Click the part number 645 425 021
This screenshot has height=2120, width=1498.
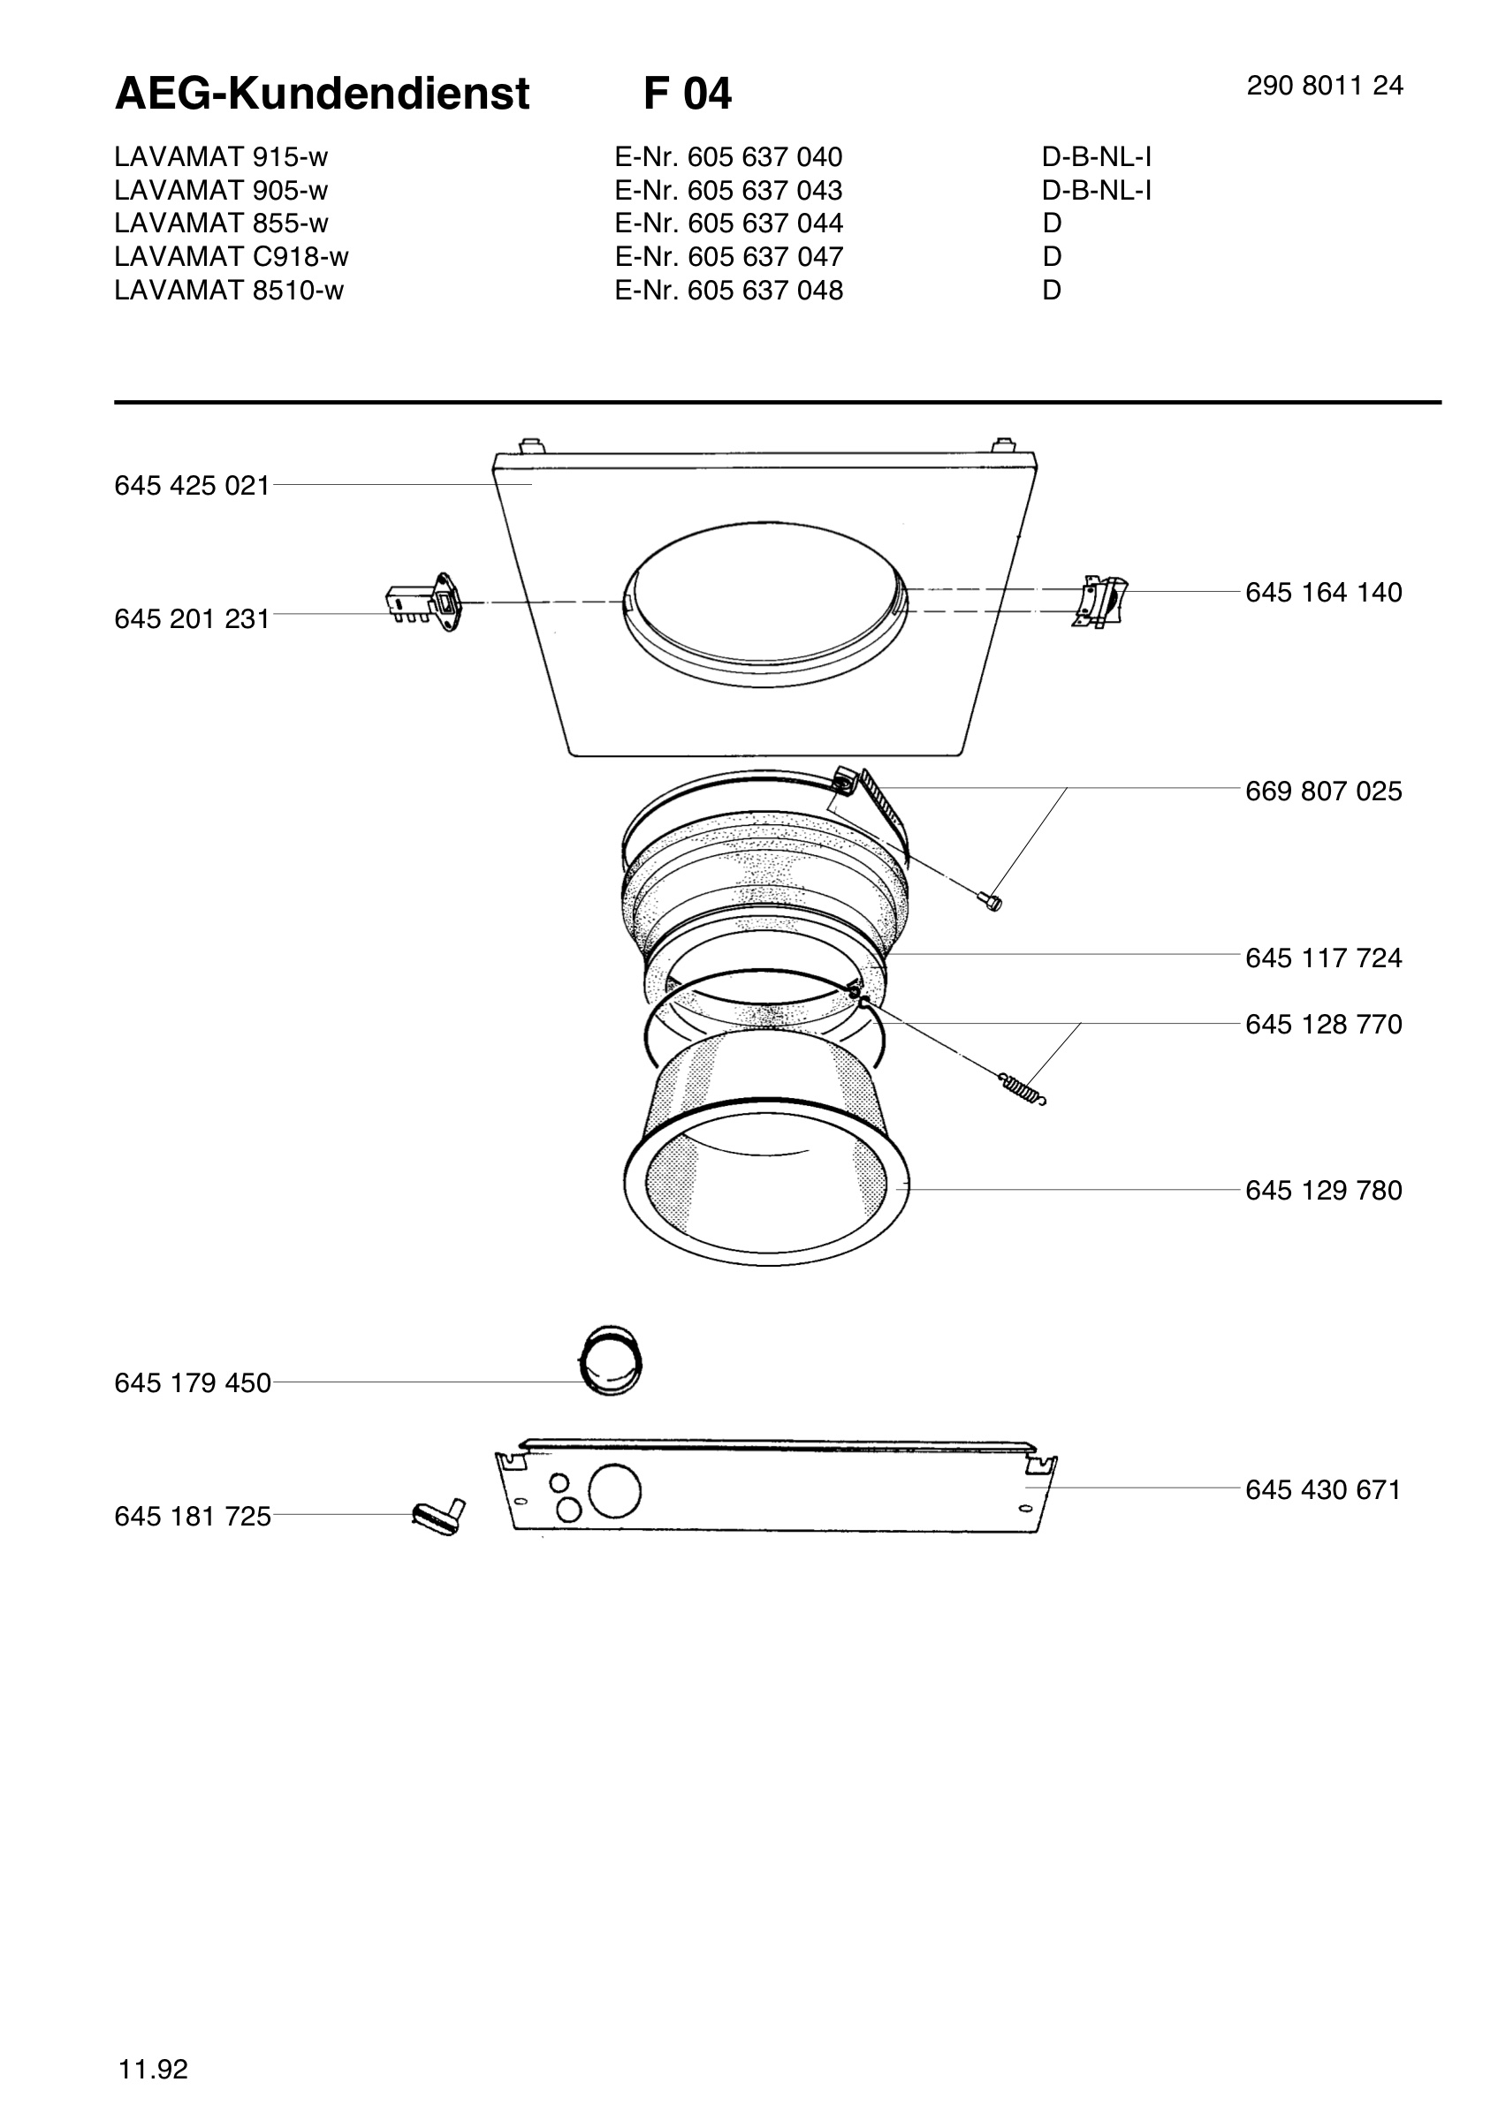click(192, 486)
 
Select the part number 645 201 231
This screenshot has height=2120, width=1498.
click(192, 618)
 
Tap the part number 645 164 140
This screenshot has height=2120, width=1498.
click(1323, 593)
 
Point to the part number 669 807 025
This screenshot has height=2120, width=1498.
click(1323, 791)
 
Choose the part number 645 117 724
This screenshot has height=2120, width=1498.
click(1323, 958)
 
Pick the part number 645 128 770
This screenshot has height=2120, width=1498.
click(1323, 1025)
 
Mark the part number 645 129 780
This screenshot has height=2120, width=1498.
click(1323, 1191)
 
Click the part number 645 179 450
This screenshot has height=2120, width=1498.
click(192, 1383)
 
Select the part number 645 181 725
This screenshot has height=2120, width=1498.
click(192, 1516)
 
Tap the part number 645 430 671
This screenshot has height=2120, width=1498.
click(1323, 1490)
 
